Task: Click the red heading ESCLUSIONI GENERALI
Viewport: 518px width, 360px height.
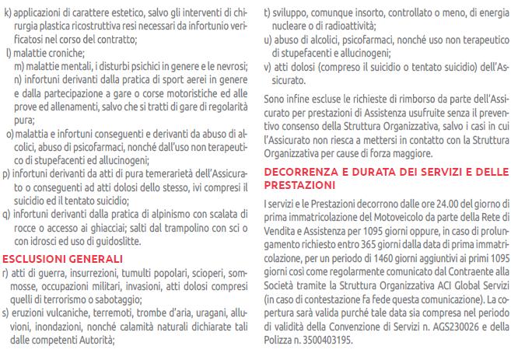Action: [59, 257]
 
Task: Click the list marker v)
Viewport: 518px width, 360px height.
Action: [268, 68]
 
